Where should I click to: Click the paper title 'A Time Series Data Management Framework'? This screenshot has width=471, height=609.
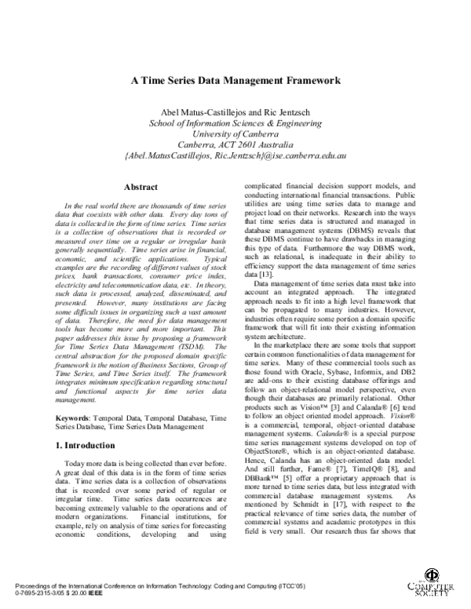pyautogui.click(x=235, y=80)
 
